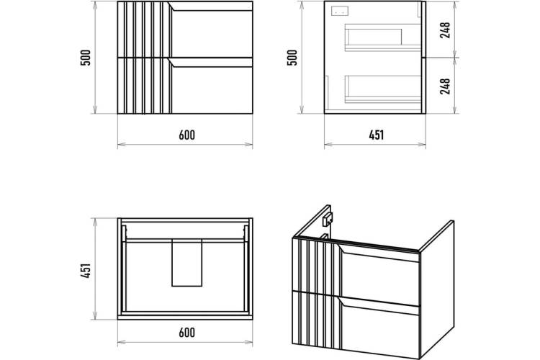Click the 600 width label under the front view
186,135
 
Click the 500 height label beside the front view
86,58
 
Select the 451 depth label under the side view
377,135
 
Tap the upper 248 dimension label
445,30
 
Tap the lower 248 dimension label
445,86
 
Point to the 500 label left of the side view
292,58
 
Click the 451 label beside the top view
86,271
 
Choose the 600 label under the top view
186,333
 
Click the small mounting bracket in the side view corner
340,11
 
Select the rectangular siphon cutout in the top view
187,264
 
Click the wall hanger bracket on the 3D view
327,219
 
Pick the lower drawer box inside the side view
383,89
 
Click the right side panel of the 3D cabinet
437,289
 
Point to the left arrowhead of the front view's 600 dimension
121,144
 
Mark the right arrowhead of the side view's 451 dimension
422,144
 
